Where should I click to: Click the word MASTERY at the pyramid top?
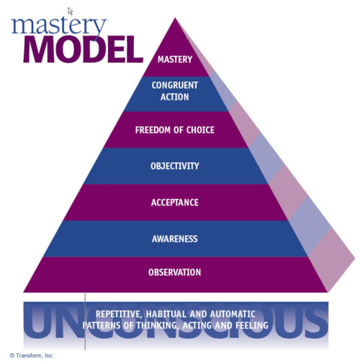coord(175,60)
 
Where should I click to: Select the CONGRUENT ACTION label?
coord(175,91)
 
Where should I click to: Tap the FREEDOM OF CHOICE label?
coord(175,130)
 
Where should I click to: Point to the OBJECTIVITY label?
coord(175,166)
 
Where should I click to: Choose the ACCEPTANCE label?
coord(175,203)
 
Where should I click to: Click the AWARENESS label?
coord(175,238)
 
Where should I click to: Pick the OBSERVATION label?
coord(175,272)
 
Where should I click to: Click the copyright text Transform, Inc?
coord(32,355)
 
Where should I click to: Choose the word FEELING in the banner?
coord(248,326)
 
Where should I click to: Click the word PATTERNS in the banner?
coord(107,326)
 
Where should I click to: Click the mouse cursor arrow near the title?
coord(71,11)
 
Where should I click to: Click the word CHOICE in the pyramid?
coord(198,130)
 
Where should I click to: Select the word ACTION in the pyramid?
coord(175,97)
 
